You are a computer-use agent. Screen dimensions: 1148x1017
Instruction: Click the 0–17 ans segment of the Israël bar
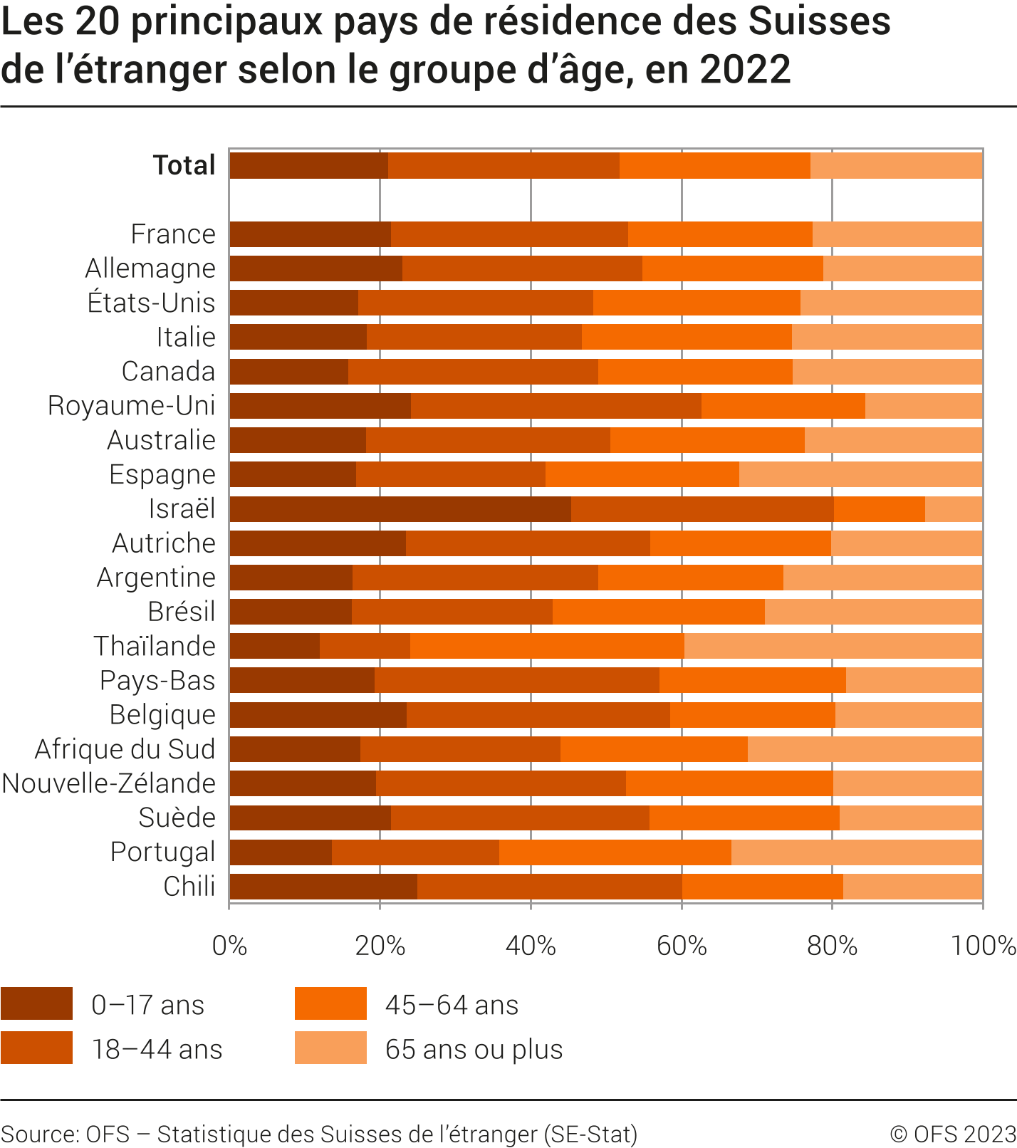(400, 509)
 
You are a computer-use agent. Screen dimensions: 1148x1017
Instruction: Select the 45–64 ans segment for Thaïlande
(547, 646)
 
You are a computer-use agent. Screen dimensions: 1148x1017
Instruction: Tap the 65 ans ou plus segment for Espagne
(860, 474)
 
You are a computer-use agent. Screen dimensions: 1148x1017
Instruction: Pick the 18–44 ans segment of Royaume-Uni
(556, 406)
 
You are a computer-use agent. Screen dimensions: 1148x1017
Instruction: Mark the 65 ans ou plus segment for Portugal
(857, 852)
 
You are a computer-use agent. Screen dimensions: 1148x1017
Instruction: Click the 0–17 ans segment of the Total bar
(308, 165)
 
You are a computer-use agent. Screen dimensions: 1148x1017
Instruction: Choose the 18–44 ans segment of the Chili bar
(549, 887)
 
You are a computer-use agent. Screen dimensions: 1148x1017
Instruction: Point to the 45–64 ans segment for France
(720, 234)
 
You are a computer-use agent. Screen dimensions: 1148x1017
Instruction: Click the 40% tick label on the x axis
(531, 946)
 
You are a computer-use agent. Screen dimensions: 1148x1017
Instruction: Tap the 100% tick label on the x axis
(983, 946)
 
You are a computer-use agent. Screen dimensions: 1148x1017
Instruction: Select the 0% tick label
(230, 946)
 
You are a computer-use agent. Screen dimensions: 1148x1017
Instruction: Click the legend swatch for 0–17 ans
(36, 1003)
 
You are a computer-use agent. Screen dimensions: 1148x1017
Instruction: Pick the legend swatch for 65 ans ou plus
(330, 1048)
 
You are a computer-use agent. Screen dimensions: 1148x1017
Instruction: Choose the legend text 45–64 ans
(452, 1005)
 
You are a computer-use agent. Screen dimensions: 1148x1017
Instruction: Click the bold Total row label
(184, 165)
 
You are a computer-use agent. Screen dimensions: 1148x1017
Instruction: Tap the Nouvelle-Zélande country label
(109, 783)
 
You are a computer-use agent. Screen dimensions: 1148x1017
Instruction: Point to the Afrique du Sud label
(125, 749)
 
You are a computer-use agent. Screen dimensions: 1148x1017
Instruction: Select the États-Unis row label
(151, 303)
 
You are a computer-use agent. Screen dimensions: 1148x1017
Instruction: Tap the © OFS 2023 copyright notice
(952, 1134)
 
